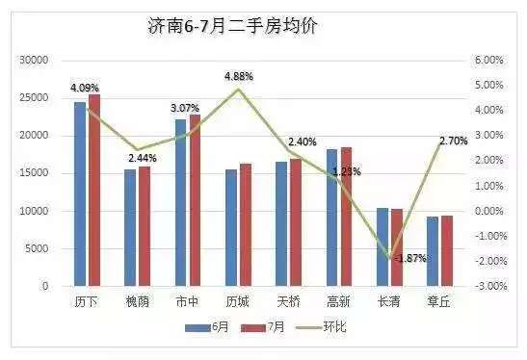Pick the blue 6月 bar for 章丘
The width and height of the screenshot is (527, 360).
point(433,251)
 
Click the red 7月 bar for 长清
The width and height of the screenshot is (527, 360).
point(396,247)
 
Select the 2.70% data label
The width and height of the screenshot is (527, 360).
point(453,141)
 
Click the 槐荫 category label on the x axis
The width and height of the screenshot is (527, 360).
point(137,301)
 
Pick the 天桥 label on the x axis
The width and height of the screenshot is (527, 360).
point(288,301)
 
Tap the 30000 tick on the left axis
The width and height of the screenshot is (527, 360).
point(34,60)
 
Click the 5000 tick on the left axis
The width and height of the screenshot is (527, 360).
point(37,248)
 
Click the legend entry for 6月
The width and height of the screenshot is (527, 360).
point(207,328)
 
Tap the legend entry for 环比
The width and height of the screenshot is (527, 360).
point(330,328)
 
